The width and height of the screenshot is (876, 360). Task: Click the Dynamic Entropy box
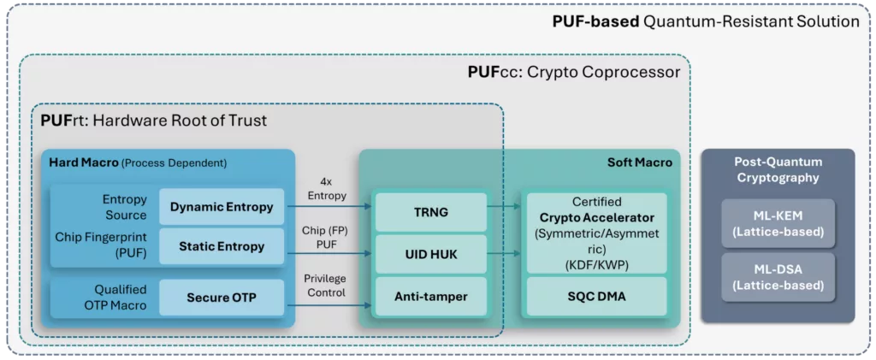click(x=222, y=206)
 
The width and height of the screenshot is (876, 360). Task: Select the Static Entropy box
click(x=222, y=247)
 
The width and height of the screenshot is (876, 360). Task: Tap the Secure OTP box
click(x=222, y=298)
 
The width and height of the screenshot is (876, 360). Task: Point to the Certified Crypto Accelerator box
click(x=595, y=233)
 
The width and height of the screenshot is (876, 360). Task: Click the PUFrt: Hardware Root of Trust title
click(x=154, y=121)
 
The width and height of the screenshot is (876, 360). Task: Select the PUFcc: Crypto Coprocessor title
click(x=573, y=72)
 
